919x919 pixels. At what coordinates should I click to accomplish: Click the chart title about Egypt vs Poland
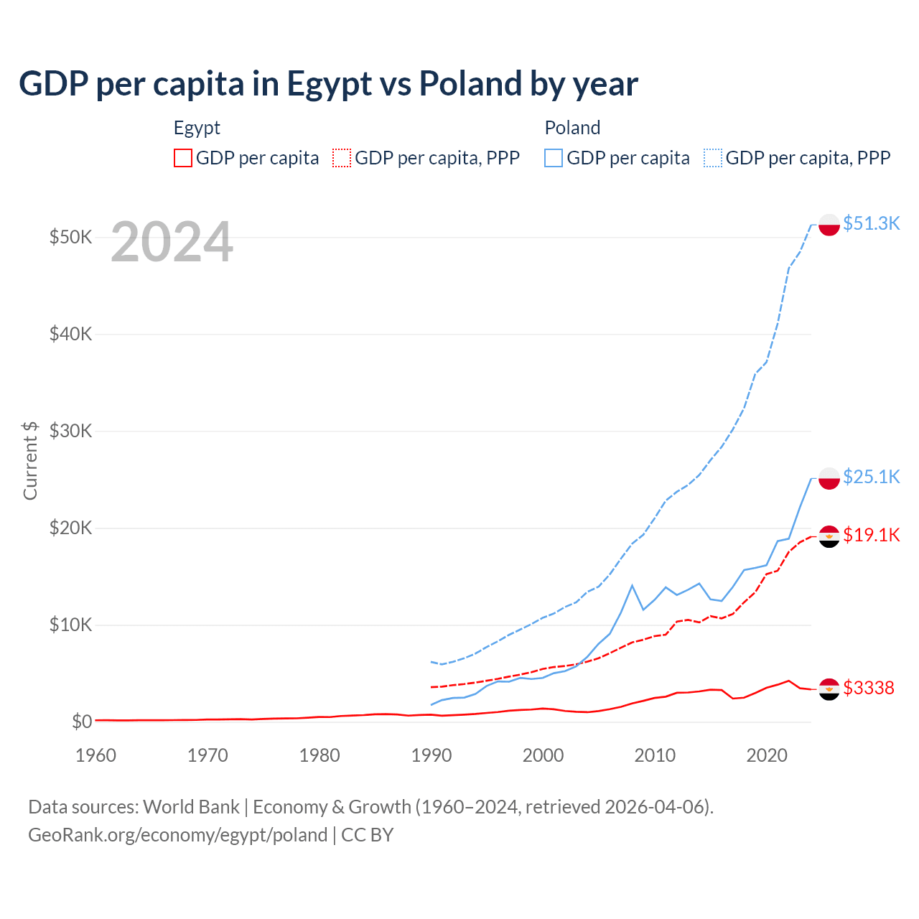328,84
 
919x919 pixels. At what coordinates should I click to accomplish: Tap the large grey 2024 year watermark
172,243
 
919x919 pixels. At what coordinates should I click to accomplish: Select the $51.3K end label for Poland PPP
871,223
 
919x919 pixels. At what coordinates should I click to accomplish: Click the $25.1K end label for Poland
871,477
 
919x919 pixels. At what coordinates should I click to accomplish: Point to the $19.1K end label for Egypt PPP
871,535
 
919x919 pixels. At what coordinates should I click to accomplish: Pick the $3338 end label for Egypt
869,688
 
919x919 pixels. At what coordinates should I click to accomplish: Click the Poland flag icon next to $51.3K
829,225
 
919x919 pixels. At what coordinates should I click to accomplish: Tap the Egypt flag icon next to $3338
829,689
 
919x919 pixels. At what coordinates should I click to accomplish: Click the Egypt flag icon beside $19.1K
829,536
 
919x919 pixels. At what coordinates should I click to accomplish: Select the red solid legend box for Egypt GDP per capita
183,158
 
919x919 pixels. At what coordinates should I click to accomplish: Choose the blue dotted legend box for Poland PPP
713,158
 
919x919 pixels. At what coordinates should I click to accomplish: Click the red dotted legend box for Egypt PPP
342,158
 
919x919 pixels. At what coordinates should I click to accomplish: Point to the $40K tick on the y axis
70,334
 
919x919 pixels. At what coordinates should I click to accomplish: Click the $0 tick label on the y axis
81,722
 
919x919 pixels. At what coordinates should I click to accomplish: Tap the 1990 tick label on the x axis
431,755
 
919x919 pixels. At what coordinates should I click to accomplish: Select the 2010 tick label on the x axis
655,755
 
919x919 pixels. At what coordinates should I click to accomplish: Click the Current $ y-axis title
30,460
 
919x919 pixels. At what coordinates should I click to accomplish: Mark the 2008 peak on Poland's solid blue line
632,586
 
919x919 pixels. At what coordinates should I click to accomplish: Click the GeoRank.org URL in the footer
178,835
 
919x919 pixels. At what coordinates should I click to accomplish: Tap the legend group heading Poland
572,128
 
